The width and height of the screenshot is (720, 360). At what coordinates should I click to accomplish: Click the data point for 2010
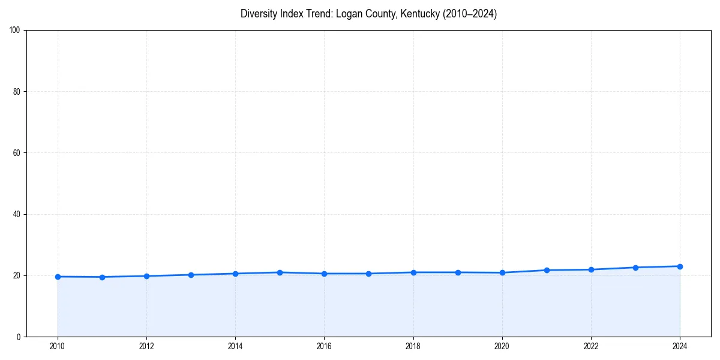point(58,277)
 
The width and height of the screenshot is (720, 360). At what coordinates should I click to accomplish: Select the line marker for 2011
point(102,277)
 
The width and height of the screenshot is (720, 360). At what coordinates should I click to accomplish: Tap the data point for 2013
point(191,275)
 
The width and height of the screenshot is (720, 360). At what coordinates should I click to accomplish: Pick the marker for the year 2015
point(280,272)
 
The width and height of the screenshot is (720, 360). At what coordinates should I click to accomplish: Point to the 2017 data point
point(368,274)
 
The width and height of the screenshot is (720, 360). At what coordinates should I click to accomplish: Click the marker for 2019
point(458,272)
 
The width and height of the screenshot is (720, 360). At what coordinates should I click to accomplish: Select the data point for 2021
point(547,270)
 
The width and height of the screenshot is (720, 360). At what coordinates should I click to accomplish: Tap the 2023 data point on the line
point(635,268)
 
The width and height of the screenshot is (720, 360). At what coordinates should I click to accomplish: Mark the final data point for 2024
point(680,266)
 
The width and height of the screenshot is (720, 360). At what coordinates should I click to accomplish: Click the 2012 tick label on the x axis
point(146,346)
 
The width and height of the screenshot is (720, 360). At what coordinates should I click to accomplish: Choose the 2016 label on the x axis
point(324,346)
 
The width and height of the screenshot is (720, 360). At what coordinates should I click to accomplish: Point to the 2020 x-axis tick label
point(502,346)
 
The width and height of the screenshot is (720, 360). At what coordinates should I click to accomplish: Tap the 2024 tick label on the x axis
point(680,346)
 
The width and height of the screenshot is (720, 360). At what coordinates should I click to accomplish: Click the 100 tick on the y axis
point(16,31)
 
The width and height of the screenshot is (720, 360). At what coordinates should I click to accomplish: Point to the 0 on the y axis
point(19,337)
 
